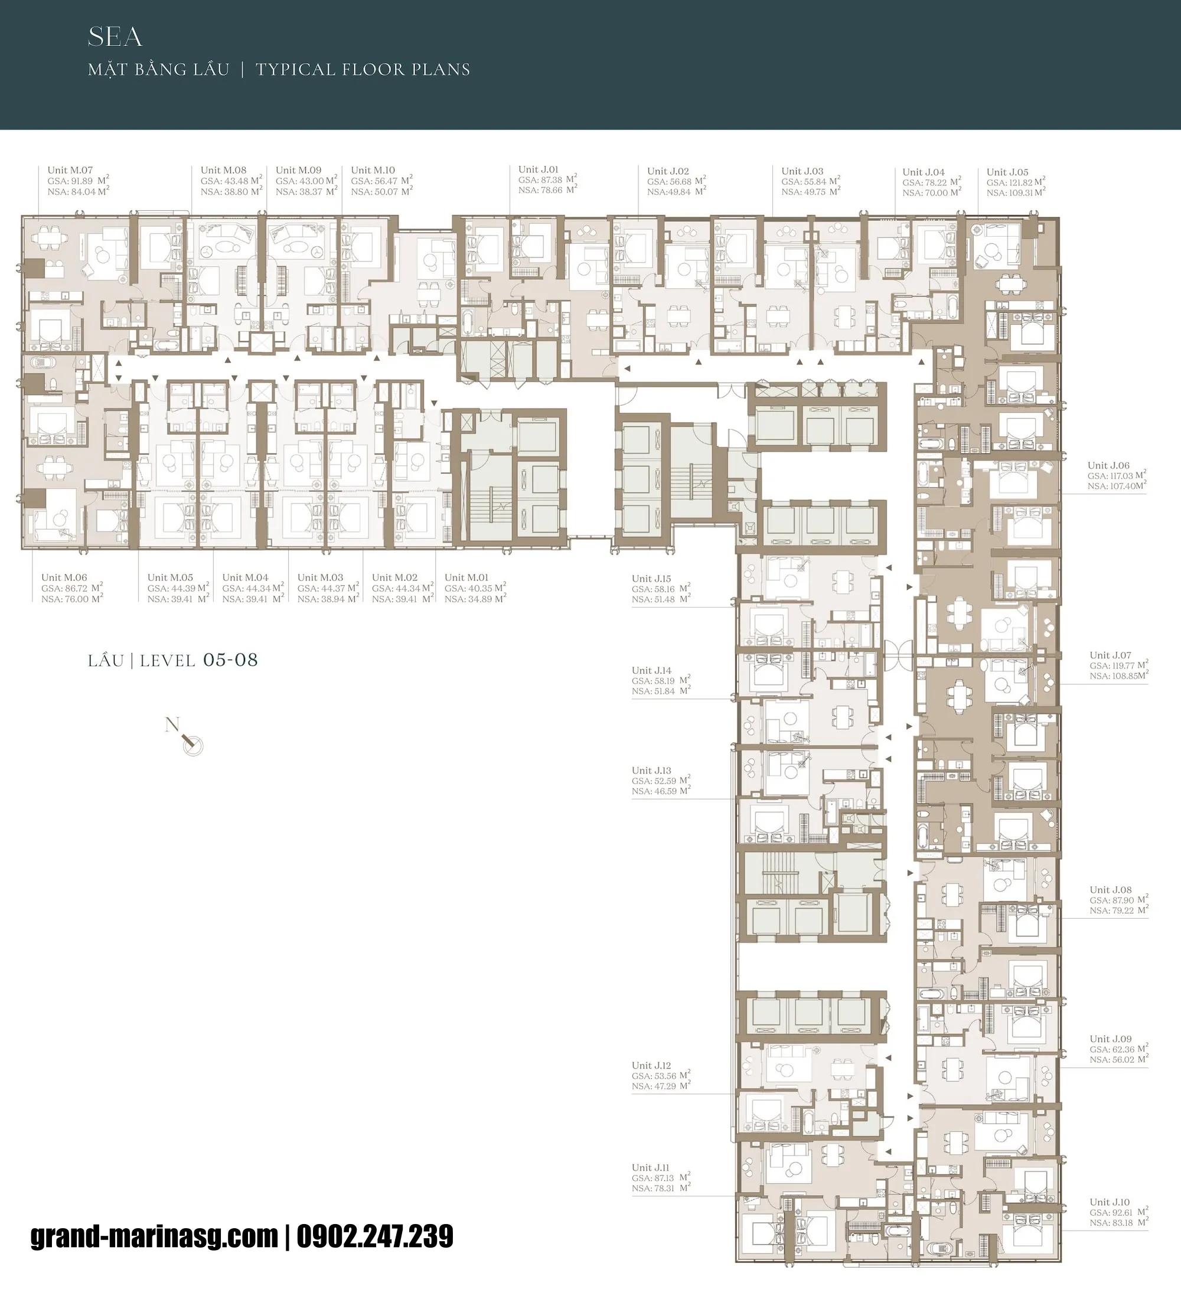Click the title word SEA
(x=115, y=38)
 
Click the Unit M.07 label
(x=70, y=170)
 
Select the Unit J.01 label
(x=538, y=169)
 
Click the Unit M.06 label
(x=64, y=577)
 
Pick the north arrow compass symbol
(x=191, y=743)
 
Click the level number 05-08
(x=230, y=660)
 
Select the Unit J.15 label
(x=651, y=579)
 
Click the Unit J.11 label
(x=650, y=1167)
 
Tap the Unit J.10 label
(x=1110, y=1202)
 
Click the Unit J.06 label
(x=1108, y=465)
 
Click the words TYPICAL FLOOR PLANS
(x=363, y=70)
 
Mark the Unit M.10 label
(x=373, y=170)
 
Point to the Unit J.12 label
(x=651, y=1065)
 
